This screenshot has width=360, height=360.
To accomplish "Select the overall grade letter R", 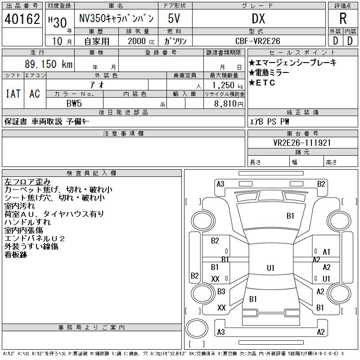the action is click(343, 19).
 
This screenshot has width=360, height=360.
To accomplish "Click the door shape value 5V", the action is click(175, 19).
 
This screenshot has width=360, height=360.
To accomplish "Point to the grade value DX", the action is click(258, 19).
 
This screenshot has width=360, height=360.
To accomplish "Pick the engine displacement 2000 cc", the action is click(137, 41).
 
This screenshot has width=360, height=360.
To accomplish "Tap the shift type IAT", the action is click(13, 94).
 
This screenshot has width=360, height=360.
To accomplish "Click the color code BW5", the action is click(74, 103).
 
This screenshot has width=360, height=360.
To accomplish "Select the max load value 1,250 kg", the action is click(225, 85).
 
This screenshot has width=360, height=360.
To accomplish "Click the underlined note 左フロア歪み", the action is click(27, 182).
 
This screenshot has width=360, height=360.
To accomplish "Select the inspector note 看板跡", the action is click(16, 255).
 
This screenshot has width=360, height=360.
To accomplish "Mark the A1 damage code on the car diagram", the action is click(327, 252).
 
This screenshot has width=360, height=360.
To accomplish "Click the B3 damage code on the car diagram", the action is click(221, 292).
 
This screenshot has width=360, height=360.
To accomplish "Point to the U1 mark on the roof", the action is click(270, 268).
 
